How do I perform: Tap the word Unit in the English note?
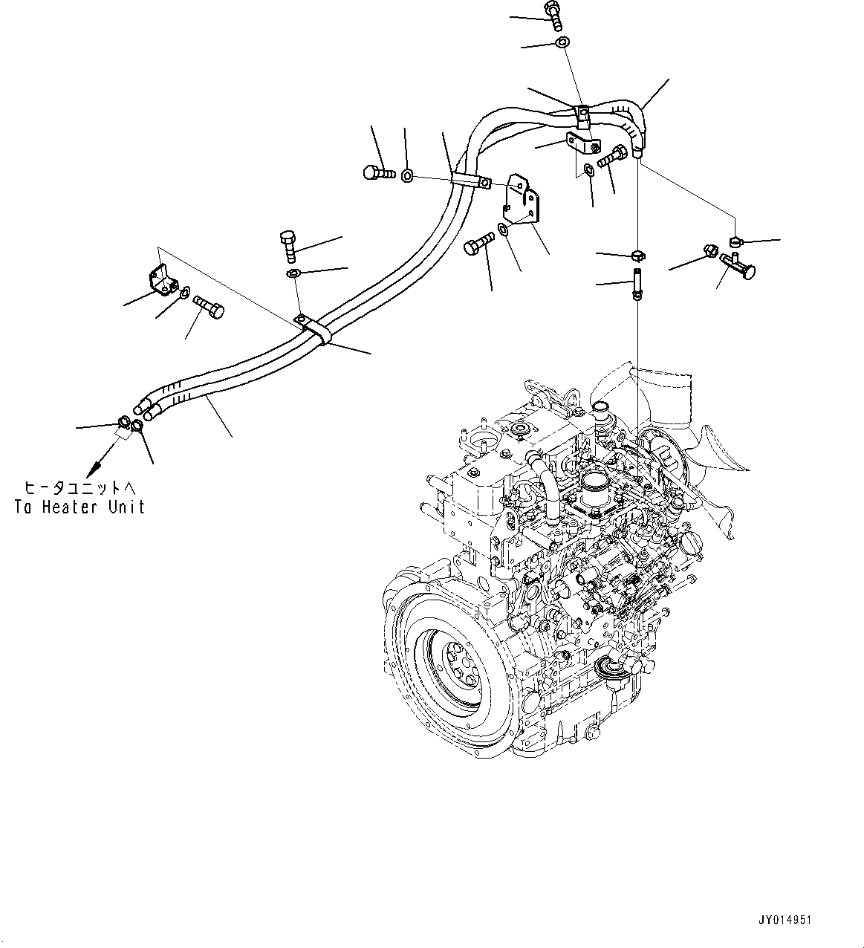128,507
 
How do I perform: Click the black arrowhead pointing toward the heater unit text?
94,469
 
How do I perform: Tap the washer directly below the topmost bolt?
562,42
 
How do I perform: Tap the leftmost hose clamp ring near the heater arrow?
125,425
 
